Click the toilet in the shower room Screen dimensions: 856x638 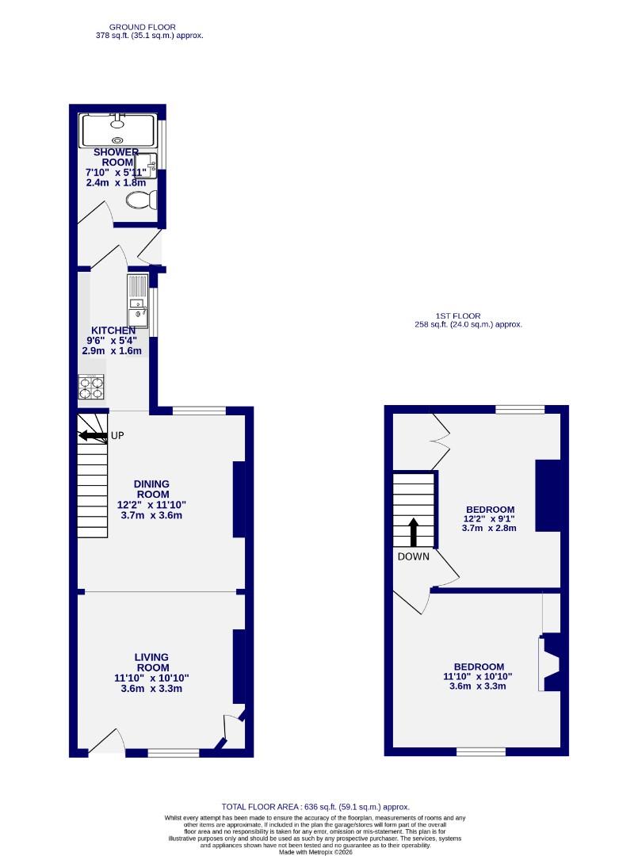coord(140,201)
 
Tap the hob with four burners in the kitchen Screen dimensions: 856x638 coord(92,388)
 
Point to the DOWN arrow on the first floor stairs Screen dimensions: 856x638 coord(413,532)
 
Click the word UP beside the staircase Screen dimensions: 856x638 coord(117,435)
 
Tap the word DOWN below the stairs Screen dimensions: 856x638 coord(414,556)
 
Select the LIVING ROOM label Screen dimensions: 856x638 coord(151,662)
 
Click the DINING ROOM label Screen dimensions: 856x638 coord(151,489)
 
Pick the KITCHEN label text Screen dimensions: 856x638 coord(113,331)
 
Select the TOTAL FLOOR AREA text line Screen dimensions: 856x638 coord(315,807)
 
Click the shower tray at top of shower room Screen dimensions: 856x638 coord(118,131)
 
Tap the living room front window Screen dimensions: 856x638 coord(174,752)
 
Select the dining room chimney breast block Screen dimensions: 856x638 coord(239,500)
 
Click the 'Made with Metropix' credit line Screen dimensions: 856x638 coord(315,851)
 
